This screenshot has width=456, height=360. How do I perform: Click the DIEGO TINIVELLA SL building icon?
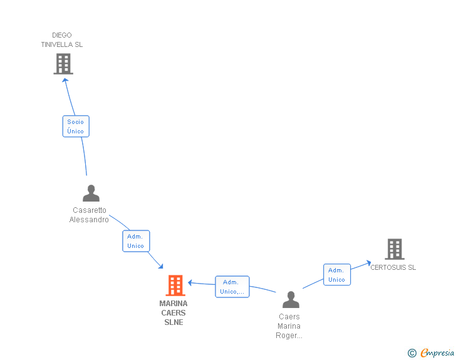[63, 63]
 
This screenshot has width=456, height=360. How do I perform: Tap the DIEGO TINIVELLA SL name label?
[62, 40]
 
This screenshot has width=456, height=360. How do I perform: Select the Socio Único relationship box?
[76, 126]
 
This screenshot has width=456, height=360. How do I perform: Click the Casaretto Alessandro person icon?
[91, 193]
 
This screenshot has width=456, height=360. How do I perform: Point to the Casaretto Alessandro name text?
[90, 215]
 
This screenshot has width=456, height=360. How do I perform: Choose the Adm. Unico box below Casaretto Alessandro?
[136, 241]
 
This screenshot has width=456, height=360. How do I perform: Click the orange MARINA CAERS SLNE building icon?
[175, 285]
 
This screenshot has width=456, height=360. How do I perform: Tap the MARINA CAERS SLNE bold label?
[174, 313]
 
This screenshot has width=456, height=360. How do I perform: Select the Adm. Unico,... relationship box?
[232, 287]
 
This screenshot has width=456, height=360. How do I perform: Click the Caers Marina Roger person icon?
[291, 300]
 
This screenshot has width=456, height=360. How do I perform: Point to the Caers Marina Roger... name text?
[289, 326]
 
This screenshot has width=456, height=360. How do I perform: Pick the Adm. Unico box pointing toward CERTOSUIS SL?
[337, 275]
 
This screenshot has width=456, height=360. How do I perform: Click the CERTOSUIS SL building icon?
[394, 249]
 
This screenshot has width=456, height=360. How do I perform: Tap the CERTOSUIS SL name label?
[393, 267]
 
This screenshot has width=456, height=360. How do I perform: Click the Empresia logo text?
[438, 352]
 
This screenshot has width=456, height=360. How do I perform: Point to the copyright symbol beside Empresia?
[412, 353]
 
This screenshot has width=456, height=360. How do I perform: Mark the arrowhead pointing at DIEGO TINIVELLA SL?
[65, 80]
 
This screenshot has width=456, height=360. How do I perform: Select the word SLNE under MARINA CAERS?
[174, 322]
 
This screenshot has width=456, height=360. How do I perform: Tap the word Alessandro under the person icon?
[89, 220]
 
